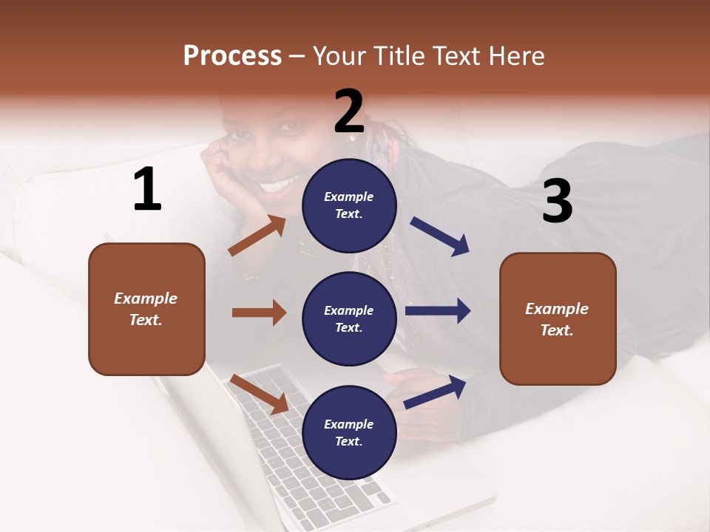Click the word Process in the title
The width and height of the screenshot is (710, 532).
tap(232, 56)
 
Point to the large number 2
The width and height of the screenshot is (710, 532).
tap(349, 112)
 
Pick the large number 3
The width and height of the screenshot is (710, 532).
tap(557, 201)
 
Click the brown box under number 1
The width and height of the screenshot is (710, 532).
tap(146, 309)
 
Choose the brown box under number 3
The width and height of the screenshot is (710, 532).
tap(558, 318)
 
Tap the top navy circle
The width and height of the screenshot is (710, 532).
tap(349, 205)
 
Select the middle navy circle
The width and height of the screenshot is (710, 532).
tap(349, 318)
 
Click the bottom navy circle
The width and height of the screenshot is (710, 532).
tap(349, 432)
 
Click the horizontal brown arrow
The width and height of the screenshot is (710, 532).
tap(259, 313)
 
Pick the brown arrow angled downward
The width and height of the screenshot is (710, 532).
tap(259, 393)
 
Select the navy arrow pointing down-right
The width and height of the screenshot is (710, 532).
tap(440, 236)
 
